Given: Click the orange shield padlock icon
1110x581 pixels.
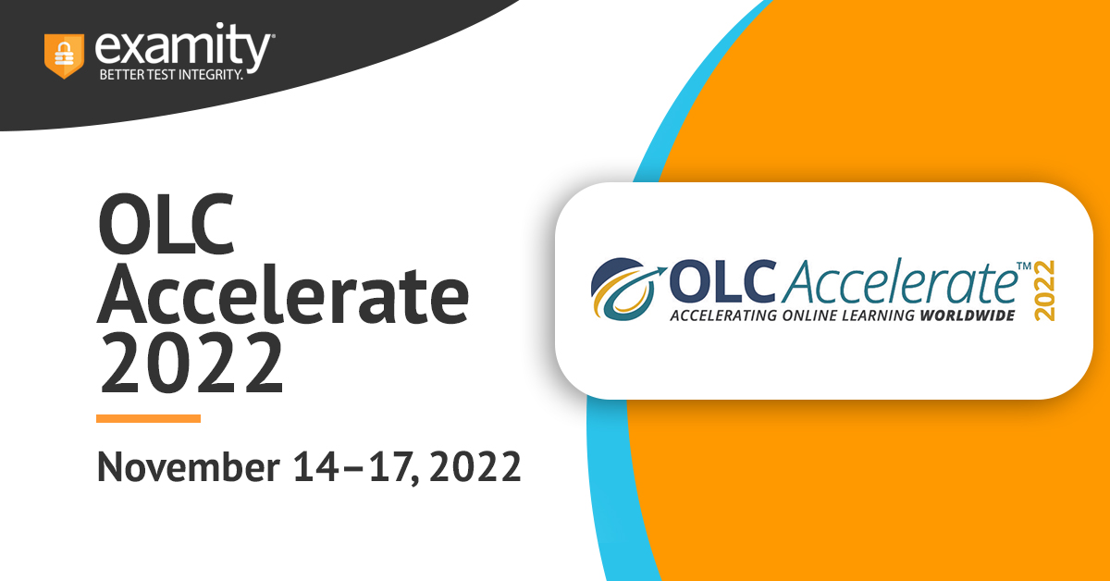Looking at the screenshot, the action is pos(64,56).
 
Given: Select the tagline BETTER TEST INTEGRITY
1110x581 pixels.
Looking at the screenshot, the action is pos(171,75).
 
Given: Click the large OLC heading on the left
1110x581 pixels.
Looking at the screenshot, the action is pos(166,224).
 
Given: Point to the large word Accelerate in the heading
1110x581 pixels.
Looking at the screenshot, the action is pos(282,294).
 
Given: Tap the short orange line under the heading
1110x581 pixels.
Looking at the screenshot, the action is pos(148,418).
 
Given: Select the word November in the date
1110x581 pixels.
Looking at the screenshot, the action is pos(189,467).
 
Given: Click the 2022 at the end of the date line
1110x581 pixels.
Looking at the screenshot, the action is pos(475,467).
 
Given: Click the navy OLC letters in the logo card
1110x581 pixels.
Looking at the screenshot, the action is pos(722,281).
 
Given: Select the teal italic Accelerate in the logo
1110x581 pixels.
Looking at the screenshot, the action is pos(899,281).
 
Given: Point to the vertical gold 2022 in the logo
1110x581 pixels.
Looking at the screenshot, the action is pos(1044,290).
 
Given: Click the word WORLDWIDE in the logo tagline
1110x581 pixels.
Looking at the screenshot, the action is pos(968,315).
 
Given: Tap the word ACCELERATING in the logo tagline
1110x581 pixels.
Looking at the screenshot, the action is pos(723,315).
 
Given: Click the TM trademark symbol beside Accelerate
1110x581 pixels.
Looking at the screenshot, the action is pos(1024,266).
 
